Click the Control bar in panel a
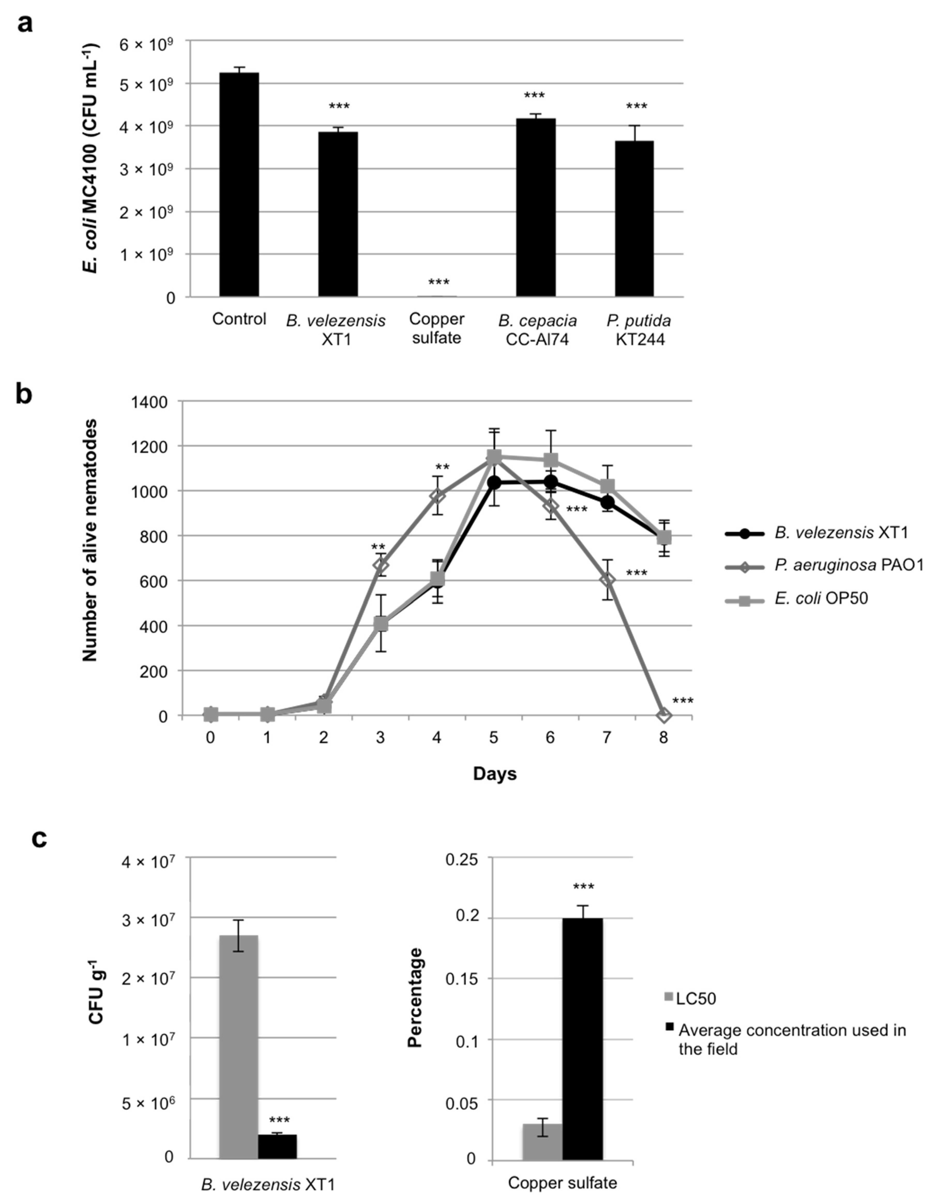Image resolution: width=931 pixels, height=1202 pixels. [x=239, y=184]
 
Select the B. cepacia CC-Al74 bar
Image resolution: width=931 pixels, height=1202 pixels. [x=536, y=208]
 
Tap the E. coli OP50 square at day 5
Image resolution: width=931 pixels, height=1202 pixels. [x=494, y=456]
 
